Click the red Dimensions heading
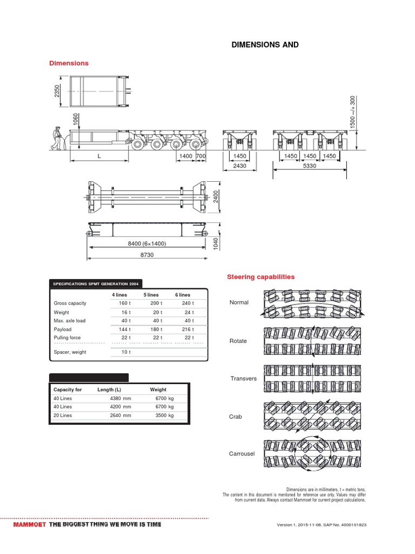point(69,63)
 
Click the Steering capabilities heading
point(260,276)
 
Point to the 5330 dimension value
point(309,166)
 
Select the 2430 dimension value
point(239,166)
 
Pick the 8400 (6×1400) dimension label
point(146,243)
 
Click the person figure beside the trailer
point(57,138)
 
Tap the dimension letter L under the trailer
point(99,156)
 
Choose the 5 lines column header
point(151,294)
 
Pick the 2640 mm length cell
point(120,415)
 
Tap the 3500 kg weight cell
point(164,415)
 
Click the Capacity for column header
point(68,390)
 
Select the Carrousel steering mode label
point(242,453)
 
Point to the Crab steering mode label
point(236,417)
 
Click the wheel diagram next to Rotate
point(312,341)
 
